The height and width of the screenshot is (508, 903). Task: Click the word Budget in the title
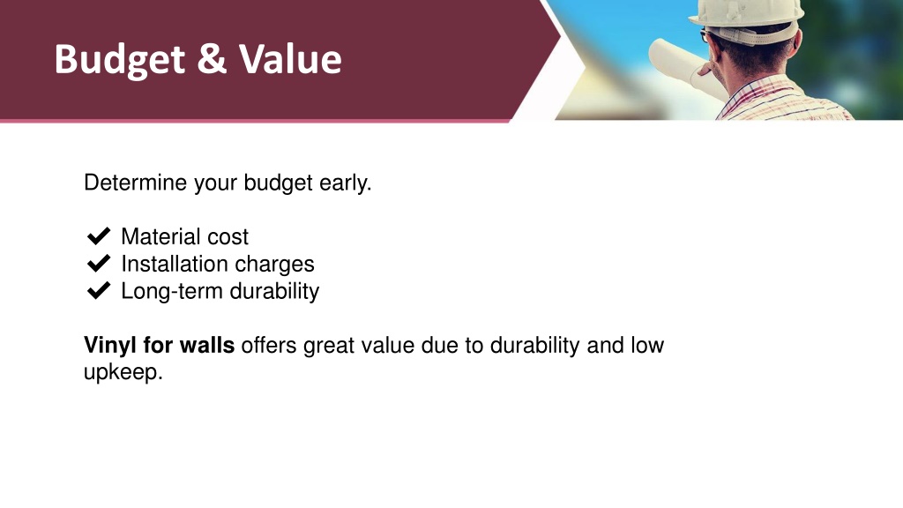click(120, 60)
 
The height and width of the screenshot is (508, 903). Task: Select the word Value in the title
click(290, 59)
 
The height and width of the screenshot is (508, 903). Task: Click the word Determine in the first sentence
click(135, 183)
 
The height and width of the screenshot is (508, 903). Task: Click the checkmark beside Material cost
click(99, 236)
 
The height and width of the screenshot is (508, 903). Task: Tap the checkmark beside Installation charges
click(99, 263)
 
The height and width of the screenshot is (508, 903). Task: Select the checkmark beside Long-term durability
click(99, 290)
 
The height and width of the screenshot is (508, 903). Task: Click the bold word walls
click(207, 345)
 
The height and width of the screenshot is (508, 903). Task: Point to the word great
click(329, 346)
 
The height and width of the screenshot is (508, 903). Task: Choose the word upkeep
click(123, 372)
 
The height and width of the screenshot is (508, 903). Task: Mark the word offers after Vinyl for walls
click(269, 345)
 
